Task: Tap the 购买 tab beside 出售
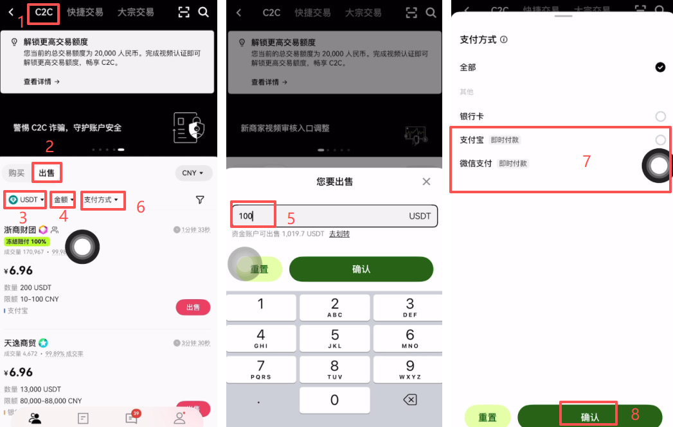(16, 173)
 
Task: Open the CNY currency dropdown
(193, 173)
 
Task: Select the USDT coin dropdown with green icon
(26, 200)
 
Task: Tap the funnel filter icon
(200, 200)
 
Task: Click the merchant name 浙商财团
(20, 229)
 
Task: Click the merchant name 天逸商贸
(20, 343)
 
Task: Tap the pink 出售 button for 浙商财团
(193, 308)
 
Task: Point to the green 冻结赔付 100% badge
(26, 241)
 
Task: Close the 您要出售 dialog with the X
(426, 182)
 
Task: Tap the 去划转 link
(339, 234)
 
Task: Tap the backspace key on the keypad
(409, 399)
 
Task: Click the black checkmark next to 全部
(660, 67)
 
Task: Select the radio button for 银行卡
(660, 116)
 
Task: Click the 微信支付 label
(476, 164)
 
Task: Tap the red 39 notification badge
(136, 413)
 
